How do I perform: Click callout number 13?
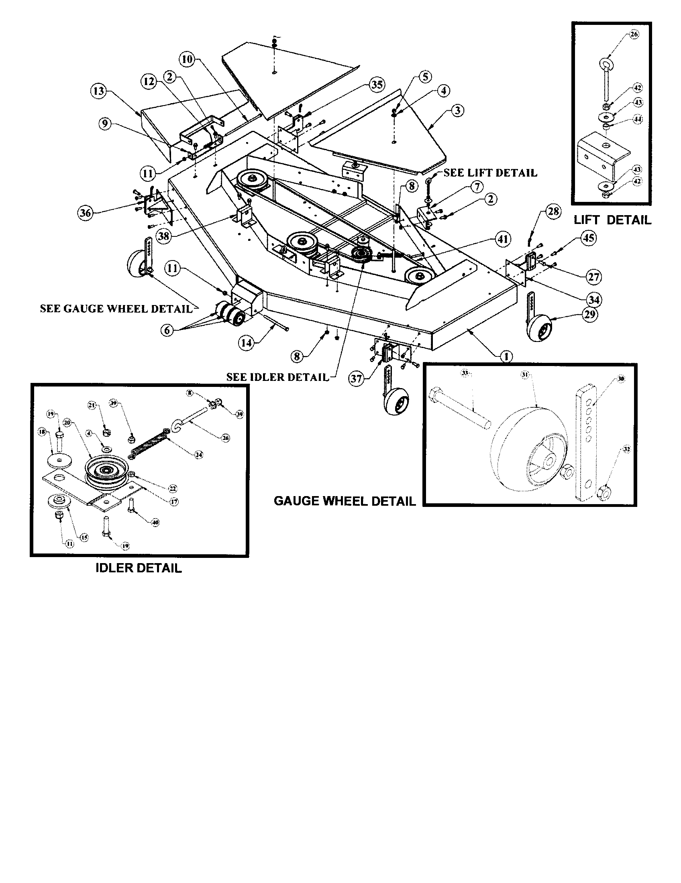98,91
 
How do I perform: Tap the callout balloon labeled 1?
506,356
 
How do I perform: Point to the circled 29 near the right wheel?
589,314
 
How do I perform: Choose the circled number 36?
86,213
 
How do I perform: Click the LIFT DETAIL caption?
612,220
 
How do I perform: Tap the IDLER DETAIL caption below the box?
138,568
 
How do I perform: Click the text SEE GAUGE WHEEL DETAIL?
116,309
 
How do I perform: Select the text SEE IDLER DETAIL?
277,377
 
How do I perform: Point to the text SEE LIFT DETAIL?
490,173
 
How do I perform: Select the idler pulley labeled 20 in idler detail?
107,470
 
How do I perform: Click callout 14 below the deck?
246,343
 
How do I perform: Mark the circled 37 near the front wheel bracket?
356,379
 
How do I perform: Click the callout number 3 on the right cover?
457,110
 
